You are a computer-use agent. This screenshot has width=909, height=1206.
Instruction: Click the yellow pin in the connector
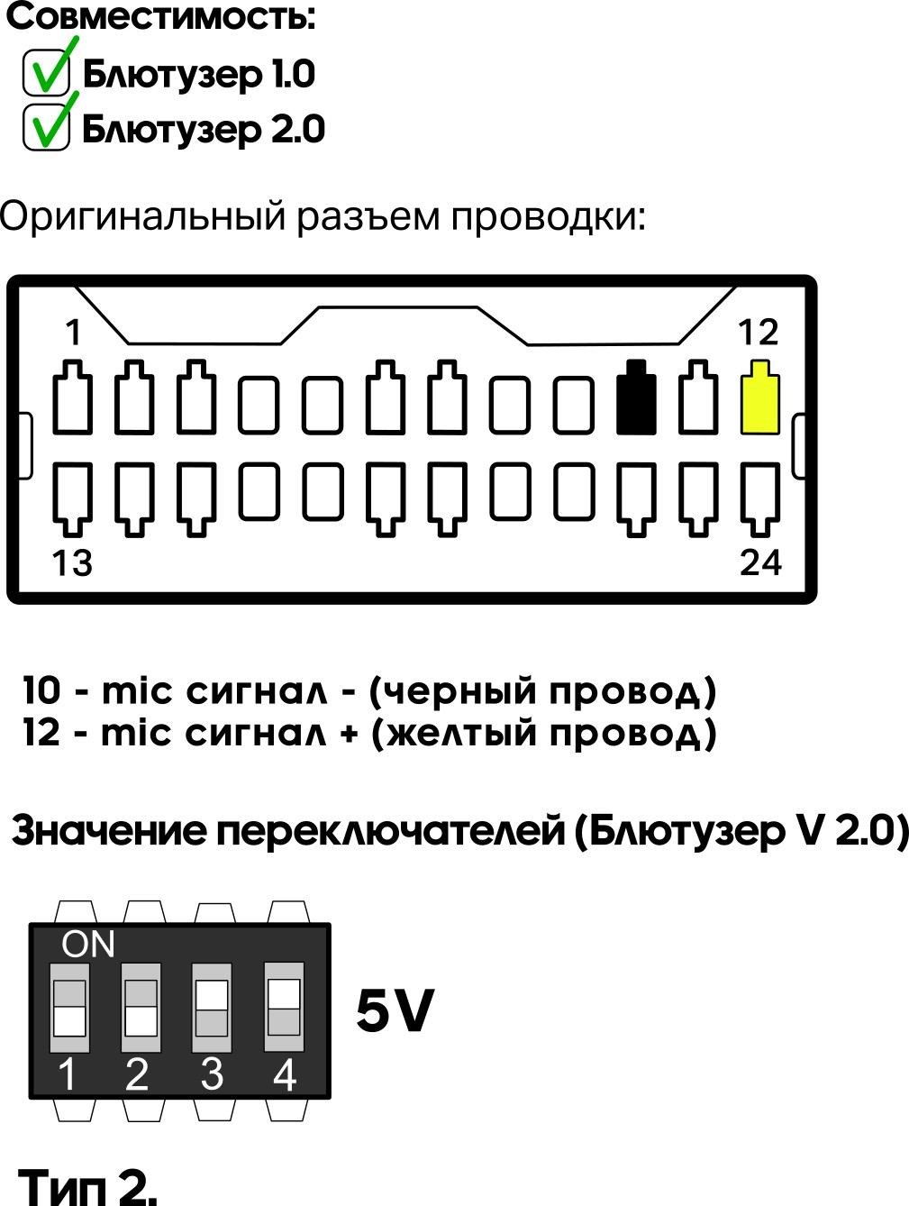[x=759, y=399]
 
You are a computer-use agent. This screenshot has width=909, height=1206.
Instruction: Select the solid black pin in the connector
[x=636, y=399]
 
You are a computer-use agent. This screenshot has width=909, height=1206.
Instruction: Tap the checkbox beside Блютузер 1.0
[x=46, y=72]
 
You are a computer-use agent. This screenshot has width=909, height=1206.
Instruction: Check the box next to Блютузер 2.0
[x=46, y=127]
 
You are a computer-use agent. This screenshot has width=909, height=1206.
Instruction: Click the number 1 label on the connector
[x=73, y=333]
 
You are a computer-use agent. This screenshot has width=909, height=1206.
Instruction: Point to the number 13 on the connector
[x=72, y=563]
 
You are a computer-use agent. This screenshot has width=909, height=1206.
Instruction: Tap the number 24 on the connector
[x=760, y=562]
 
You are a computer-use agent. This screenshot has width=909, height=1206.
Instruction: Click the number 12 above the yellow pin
[x=758, y=333]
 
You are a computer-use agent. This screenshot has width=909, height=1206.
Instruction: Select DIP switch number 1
[x=69, y=1007]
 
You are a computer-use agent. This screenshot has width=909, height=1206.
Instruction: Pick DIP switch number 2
[x=141, y=1007]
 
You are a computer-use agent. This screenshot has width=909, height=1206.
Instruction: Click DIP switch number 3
[x=212, y=1007]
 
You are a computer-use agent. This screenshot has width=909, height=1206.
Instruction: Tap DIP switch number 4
[x=284, y=1007]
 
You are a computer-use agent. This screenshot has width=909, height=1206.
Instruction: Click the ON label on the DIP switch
[x=88, y=944]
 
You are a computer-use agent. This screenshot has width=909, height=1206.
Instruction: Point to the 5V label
[x=395, y=1010]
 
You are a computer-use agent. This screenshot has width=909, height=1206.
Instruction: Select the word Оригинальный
[x=142, y=217]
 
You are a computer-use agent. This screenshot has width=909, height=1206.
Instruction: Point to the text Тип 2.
[x=87, y=1186]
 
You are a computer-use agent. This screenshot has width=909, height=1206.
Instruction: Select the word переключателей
[x=389, y=830]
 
